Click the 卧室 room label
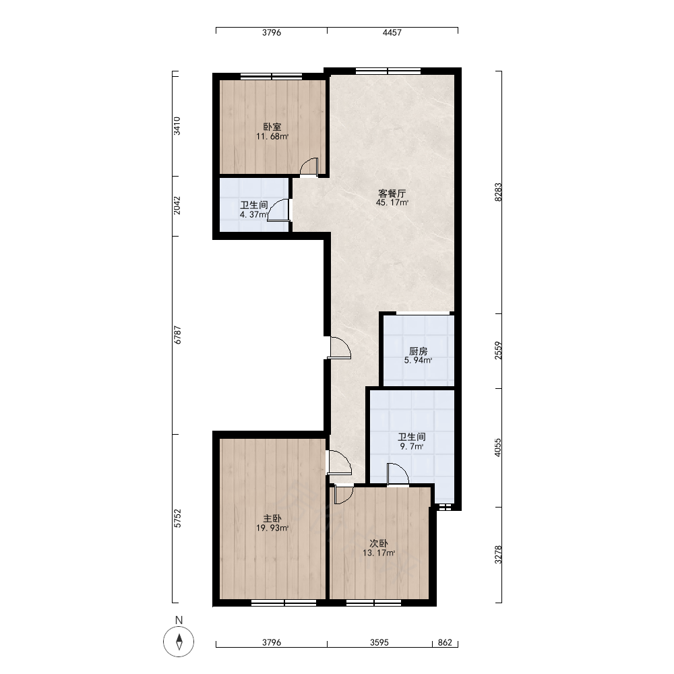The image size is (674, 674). point(272,127)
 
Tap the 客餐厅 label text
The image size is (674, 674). point(392,193)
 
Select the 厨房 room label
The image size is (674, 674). point(418,351)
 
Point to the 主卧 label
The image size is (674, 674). point(272,518)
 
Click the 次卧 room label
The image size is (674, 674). point(378,543)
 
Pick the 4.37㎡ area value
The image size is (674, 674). point(254,214)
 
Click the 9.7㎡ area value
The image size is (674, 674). point(412,446)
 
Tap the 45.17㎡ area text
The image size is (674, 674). point(392,202)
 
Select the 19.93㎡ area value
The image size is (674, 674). point(272,528)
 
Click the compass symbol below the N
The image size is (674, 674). point(179,642)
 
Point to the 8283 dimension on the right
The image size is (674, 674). point(498,192)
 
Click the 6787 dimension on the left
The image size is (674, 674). point(177,335)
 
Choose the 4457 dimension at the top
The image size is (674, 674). point(392,32)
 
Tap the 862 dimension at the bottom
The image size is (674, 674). point(445,642)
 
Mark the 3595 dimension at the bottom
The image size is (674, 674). point(379,642)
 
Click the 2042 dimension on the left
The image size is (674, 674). point(177,206)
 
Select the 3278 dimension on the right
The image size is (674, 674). point(498,555)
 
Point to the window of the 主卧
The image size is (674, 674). point(284,603)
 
